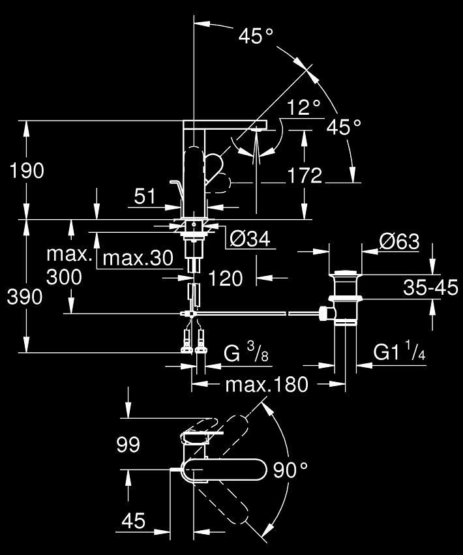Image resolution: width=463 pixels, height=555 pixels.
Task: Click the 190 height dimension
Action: coord(27,171)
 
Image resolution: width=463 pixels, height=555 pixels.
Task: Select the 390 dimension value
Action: coord(25,297)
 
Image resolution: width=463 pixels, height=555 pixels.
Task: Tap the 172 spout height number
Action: coord(305,175)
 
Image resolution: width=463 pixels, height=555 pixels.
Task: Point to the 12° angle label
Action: coord(304,107)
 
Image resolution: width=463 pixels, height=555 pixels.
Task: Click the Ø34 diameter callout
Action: coord(250,239)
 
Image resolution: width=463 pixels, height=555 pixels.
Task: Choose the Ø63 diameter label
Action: coord(399,242)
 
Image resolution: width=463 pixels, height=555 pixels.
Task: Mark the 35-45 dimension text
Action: coord(431,288)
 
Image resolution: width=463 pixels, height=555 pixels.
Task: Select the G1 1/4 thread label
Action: coord(399,352)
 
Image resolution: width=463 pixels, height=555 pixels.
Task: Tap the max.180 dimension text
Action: coord(267,384)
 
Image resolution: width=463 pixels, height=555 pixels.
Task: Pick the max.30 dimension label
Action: coord(138,258)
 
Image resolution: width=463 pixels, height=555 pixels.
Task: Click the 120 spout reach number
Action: coord(226,278)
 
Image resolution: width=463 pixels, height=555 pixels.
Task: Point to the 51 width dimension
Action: coord(144,196)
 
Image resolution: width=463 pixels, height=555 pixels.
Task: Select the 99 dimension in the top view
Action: coord(128,444)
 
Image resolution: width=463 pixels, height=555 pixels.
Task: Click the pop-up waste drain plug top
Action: coord(346,273)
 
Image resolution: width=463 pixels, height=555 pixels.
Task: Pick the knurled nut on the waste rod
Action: coord(323,314)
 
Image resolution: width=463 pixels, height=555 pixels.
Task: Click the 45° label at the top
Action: coord(256,36)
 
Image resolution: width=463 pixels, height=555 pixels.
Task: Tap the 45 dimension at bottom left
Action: coord(134,520)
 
